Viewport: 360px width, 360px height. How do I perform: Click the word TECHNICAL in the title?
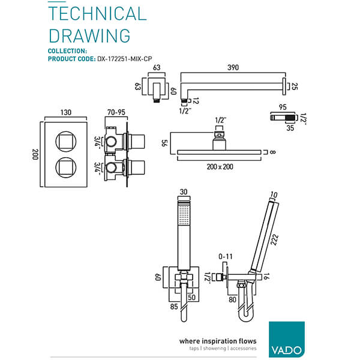(97, 14)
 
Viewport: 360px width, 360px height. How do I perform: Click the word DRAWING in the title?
(89, 35)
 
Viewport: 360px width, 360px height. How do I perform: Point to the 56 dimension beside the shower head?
(163, 144)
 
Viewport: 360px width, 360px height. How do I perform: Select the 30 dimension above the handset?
(184, 192)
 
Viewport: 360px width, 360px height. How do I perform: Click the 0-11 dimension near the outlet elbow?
(226, 257)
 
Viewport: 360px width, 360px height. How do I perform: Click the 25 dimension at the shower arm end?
(294, 87)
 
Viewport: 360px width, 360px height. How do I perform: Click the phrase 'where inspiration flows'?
(218, 341)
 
